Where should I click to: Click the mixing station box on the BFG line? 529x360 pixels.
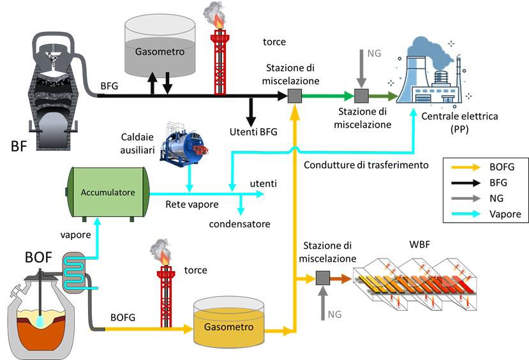[294, 96]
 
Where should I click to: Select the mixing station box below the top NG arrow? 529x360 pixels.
[361, 96]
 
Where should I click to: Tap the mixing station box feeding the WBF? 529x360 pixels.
[322, 278]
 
